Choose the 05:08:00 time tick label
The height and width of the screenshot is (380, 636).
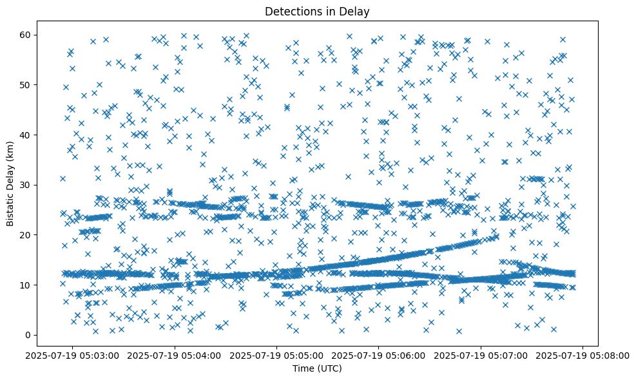[x=583, y=355]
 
